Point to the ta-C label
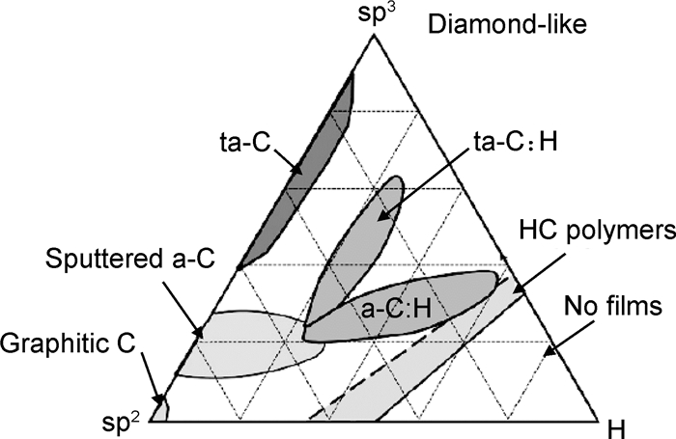coord(241,151)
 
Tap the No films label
coord(613,308)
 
